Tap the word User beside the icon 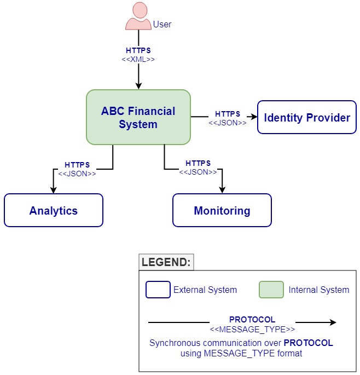point(162,25)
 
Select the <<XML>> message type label point(138,59)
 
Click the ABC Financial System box point(138,117)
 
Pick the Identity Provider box point(307,117)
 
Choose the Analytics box point(54,210)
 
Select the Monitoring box point(222,210)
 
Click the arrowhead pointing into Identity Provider point(252,117)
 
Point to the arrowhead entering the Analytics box point(54,189)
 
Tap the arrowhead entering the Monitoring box point(222,189)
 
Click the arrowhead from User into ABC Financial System point(138,85)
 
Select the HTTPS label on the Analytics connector point(77,165)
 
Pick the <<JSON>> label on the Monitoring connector point(198,172)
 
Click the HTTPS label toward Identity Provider point(228,114)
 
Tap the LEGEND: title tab point(166,262)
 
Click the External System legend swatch point(158,290)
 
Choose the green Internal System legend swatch point(271,290)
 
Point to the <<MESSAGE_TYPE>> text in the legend point(252,330)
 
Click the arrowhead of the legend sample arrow point(333,322)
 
